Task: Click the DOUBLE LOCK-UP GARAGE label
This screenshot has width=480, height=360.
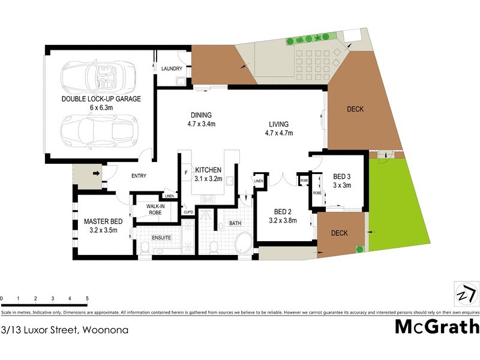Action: tap(101, 99)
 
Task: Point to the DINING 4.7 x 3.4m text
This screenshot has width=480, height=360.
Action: tap(201, 120)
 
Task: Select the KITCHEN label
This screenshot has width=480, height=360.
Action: tap(208, 170)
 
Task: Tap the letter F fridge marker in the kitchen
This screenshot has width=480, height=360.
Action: tap(186, 173)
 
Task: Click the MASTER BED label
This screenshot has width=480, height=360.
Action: tap(103, 221)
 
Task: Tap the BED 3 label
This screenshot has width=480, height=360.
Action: tap(342, 176)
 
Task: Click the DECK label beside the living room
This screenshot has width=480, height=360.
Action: tap(355, 109)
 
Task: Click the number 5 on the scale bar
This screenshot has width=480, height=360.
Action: tap(88, 298)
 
